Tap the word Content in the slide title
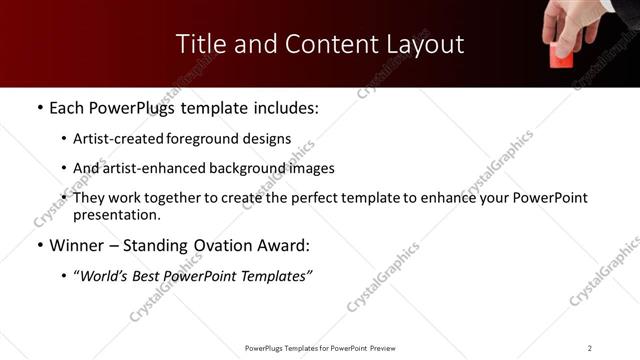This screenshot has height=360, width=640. click(323, 44)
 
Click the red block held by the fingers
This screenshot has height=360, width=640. click(564, 57)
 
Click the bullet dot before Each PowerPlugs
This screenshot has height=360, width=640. click(39, 108)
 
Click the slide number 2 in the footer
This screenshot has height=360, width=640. click(590, 348)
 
